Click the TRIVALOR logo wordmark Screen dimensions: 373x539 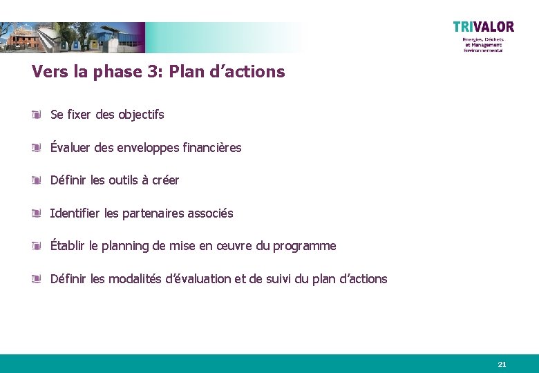click(484, 27)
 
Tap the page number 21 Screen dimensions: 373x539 click(502, 364)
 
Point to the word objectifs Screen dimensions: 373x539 click(141, 115)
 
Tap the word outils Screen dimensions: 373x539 click(124, 180)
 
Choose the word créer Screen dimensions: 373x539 click(165, 180)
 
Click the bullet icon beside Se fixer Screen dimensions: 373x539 click(37, 115)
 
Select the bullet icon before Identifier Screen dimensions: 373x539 click(37, 213)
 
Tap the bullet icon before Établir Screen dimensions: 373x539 click(37, 246)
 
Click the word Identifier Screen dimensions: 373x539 click(75, 213)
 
